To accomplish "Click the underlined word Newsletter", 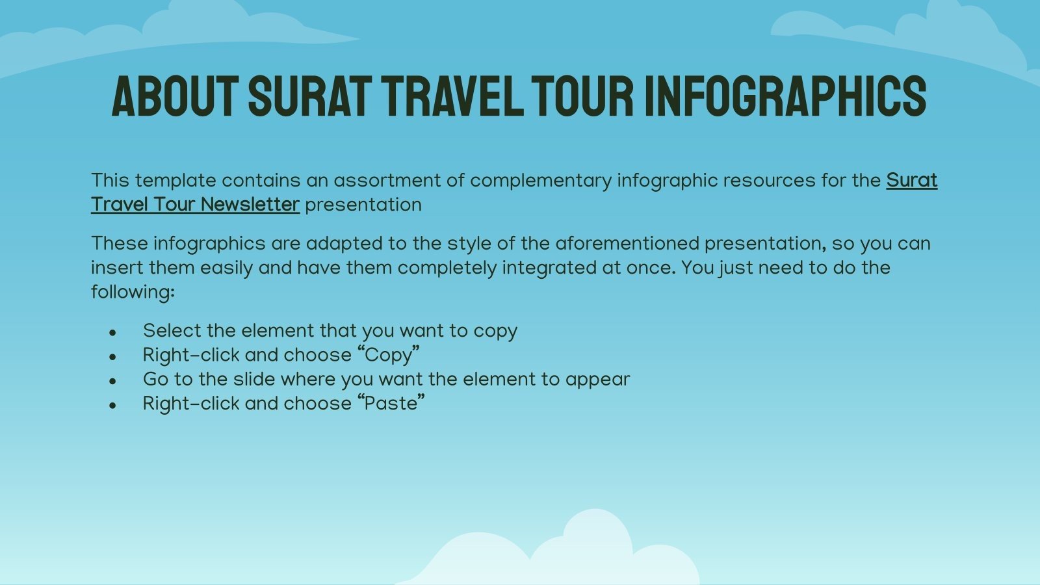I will click(250, 205).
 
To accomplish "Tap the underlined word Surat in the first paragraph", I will click(911, 180).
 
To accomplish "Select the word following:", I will click(133, 292).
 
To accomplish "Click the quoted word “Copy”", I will click(389, 355).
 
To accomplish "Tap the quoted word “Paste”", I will click(391, 404).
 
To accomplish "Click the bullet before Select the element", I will click(113, 333).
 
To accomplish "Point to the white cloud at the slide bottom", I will click(572, 556).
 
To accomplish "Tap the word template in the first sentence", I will click(175, 180).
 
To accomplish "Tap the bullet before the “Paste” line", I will click(113, 406).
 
